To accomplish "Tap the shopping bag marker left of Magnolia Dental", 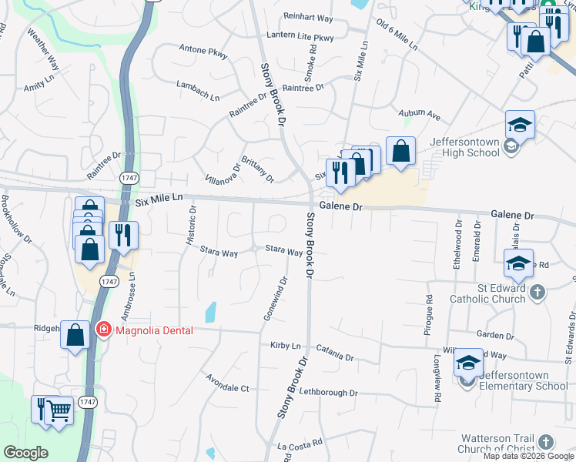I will point(75,335).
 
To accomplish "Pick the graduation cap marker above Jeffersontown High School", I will point(520,125).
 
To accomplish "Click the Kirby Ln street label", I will point(285,346).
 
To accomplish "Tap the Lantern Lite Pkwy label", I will point(300,36).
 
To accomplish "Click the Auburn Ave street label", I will point(419,115).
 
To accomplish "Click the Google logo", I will point(25,453).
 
